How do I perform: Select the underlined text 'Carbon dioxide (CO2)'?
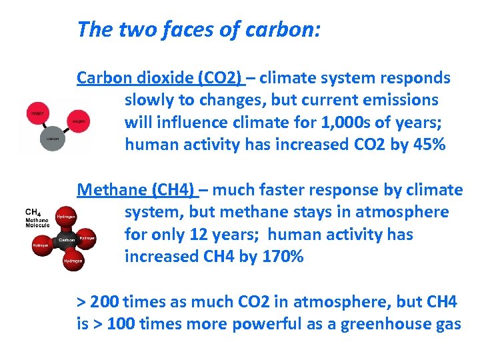[x=159, y=78]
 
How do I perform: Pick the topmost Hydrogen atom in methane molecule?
[x=66, y=216]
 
